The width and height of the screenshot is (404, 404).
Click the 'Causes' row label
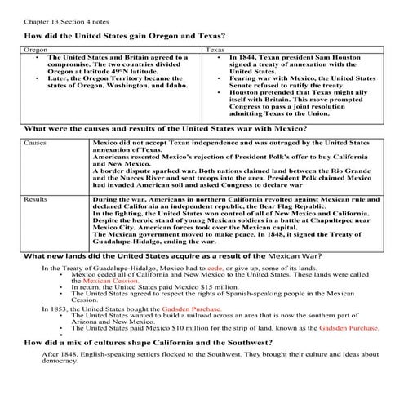(x=38, y=142)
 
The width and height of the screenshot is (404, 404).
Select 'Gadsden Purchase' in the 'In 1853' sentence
(x=172, y=309)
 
